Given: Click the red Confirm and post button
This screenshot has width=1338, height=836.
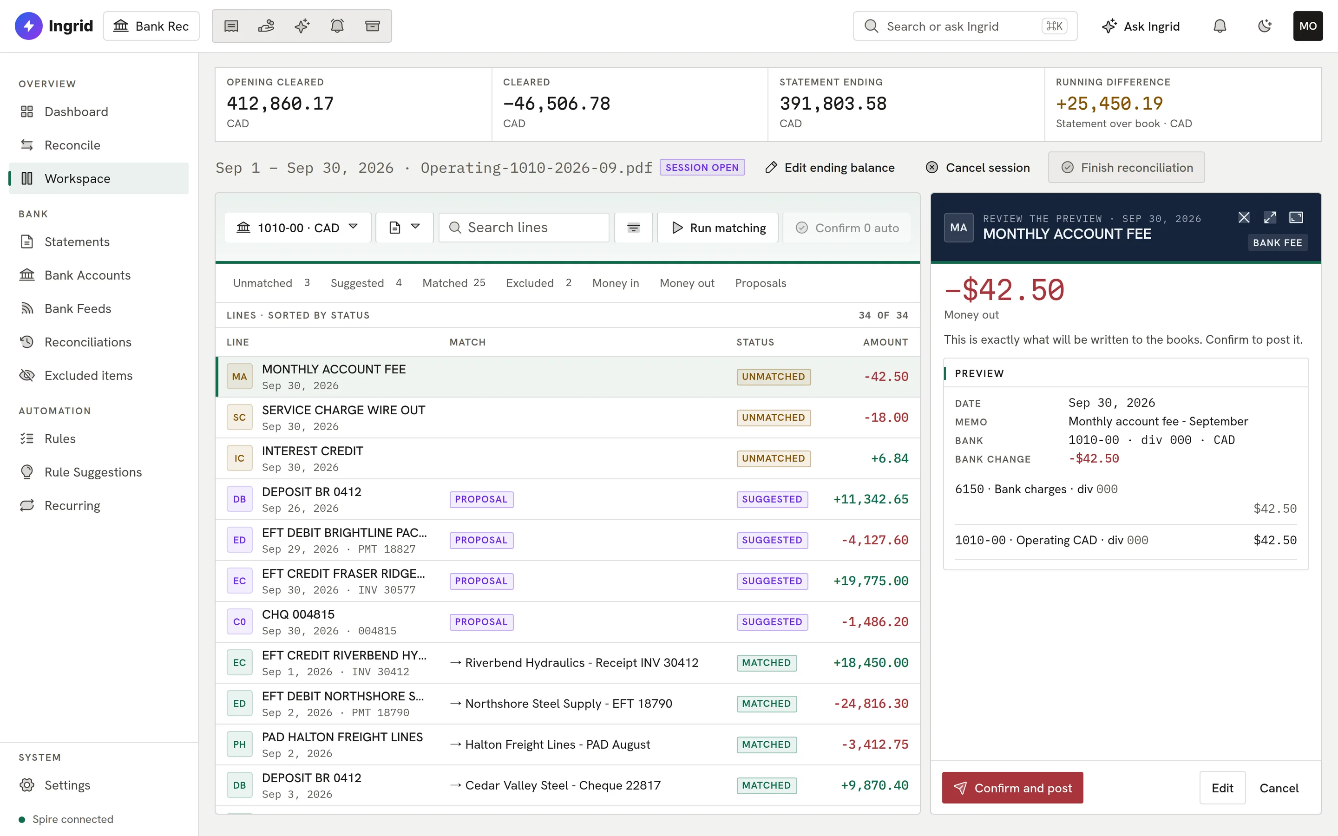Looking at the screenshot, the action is tap(1012, 788).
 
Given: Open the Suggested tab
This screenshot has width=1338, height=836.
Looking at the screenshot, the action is tap(366, 283).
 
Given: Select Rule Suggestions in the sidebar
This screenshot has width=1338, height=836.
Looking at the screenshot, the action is tap(93, 472).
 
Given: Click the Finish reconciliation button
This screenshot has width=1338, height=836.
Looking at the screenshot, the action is tap(1126, 168).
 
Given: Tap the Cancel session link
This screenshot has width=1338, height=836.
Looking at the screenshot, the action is tap(977, 168).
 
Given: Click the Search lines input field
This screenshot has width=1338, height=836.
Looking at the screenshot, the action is tap(524, 228).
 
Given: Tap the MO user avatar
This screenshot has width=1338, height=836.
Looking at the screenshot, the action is tap(1308, 26).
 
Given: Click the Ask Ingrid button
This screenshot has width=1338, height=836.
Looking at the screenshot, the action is tap(1141, 26).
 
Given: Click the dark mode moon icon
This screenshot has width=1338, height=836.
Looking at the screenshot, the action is tap(1265, 26).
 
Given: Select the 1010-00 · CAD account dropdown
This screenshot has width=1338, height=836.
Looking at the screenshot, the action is tap(297, 228).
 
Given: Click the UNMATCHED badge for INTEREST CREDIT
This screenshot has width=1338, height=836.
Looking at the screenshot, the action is tap(774, 458).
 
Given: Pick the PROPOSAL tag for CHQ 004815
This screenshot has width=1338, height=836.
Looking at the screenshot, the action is tap(481, 622).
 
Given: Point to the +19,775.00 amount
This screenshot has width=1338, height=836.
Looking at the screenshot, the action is tap(871, 581).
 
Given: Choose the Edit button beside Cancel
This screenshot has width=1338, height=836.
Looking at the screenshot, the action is tap(1222, 788).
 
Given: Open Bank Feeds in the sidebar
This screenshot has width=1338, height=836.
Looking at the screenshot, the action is tap(78, 308).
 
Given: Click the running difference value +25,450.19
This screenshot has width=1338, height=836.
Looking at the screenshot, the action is tap(1109, 104).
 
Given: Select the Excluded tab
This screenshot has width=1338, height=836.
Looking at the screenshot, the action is tap(538, 283).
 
